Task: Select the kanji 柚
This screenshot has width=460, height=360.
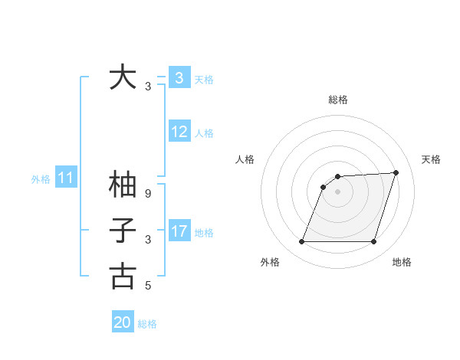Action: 123,185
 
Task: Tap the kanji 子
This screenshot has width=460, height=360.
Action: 123,231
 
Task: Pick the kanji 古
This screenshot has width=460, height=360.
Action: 123,276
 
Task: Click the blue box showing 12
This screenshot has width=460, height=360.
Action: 179,132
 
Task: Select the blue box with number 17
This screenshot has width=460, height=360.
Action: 179,231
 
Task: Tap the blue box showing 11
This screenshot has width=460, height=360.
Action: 65,178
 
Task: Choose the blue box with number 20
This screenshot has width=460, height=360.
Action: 123,322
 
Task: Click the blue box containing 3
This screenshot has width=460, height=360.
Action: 179,77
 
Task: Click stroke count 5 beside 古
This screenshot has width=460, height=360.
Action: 148,286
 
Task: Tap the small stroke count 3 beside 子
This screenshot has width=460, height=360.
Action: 148,240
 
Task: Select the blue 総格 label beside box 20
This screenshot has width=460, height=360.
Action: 147,324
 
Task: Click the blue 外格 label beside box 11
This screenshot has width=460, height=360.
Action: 41,179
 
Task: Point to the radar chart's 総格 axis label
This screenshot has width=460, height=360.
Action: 337,100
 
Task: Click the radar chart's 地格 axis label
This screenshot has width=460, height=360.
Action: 402,262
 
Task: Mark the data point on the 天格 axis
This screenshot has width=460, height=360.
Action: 396,172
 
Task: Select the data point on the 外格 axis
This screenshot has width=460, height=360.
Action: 301,242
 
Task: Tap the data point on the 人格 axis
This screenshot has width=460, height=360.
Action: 324,187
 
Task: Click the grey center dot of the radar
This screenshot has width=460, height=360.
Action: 337,191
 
